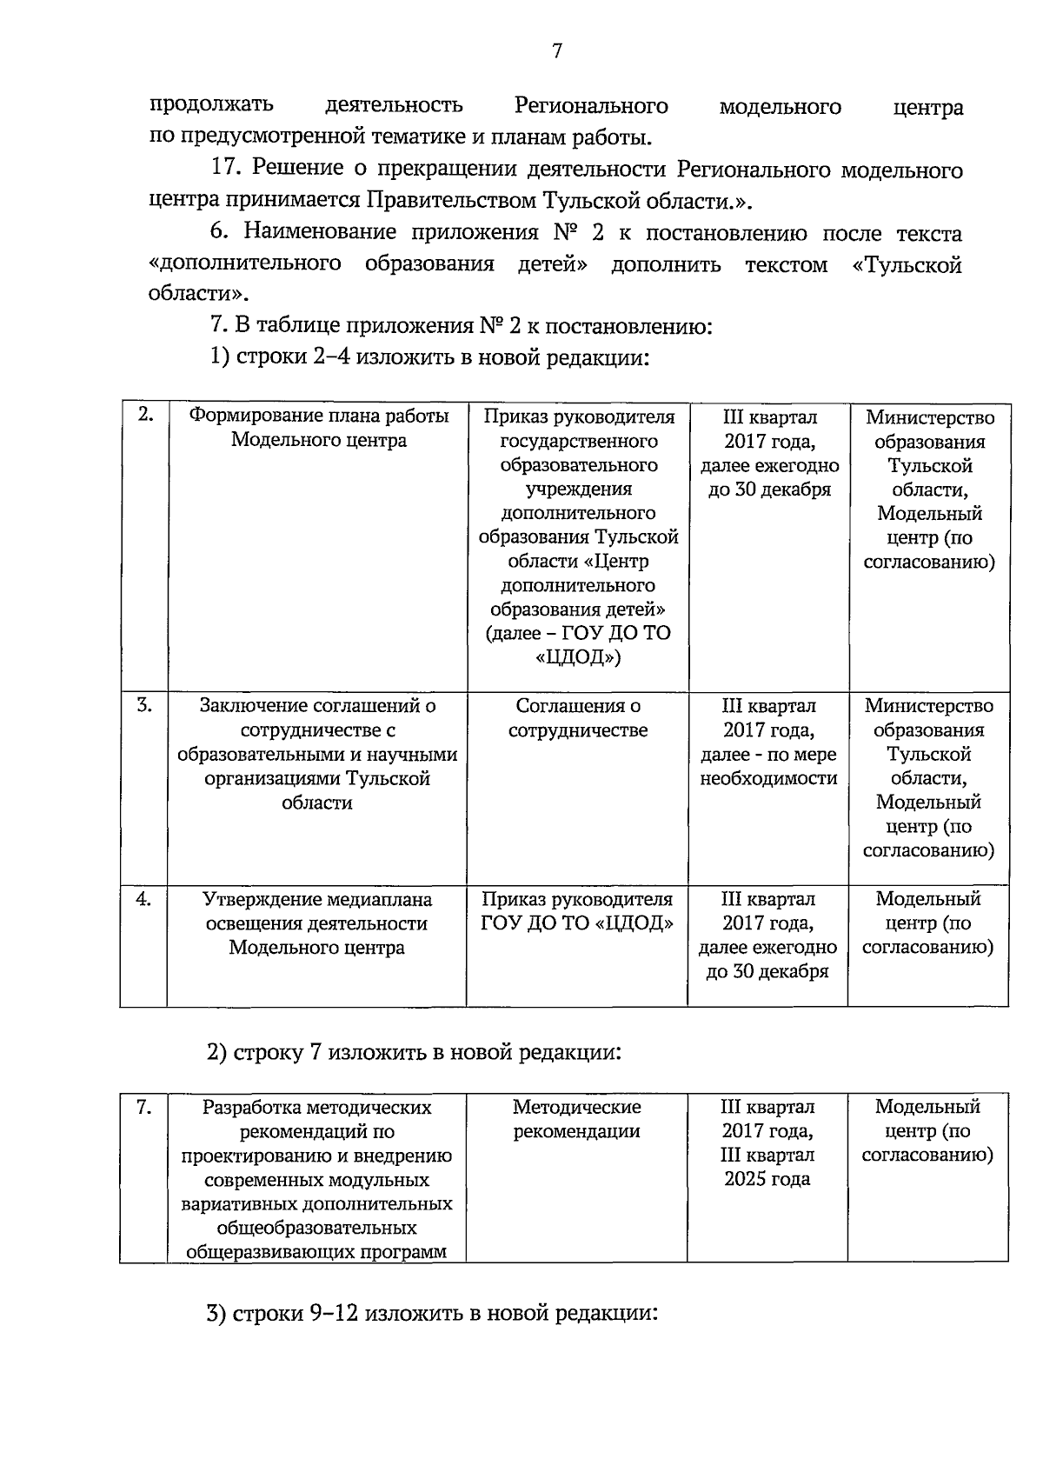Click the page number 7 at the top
tap(557, 52)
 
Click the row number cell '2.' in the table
tap(145, 415)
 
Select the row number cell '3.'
tap(144, 705)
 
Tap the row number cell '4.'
tap(143, 899)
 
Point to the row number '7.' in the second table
tap(144, 1107)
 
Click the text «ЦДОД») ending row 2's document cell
tap(578, 657)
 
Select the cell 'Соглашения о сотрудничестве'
tap(577, 718)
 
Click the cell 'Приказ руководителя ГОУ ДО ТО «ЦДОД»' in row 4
tap(577, 911)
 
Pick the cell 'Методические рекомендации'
tap(576, 1119)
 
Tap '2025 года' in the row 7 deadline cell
tap(767, 1179)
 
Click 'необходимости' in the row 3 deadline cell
tap(768, 778)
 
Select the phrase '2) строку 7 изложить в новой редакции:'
tap(415, 1052)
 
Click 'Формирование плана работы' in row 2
tap(318, 416)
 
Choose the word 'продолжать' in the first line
tap(211, 106)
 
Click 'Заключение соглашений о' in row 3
tap(317, 706)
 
